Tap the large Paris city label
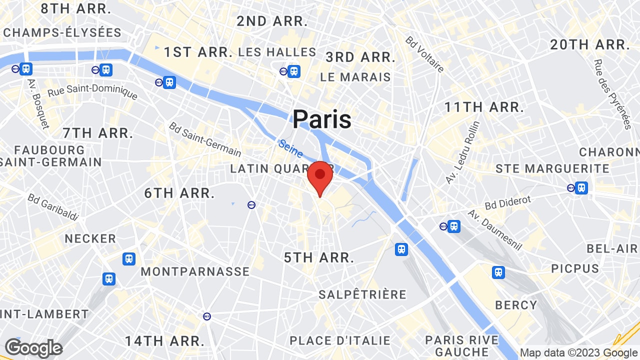click(x=321, y=119)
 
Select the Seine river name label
click(x=290, y=148)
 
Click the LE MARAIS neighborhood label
click(x=355, y=77)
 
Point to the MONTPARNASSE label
click(x=195, y=271)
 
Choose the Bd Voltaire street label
click(x=424, y=54)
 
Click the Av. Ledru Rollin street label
click(x=462, y=152)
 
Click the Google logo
click(x=33, y=348)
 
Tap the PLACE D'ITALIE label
click(x=340, y=340)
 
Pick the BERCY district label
click(x=516, y=304)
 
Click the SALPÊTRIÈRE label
click(x=362, y=294)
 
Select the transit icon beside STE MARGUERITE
click(x=580, y=188)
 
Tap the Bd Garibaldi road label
click(x=53, y=207)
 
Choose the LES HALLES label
click(x=277, y=52)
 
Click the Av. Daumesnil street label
click(x=495, y=230)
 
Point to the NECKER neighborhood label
click(x=90, y=238)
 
